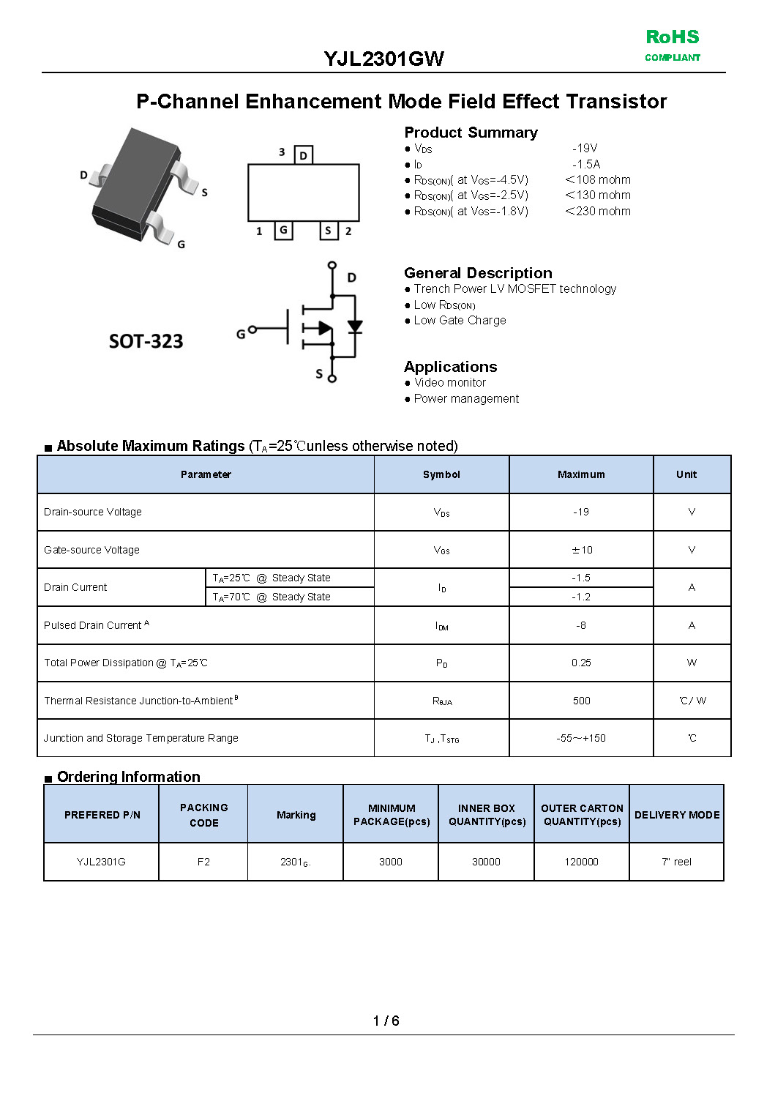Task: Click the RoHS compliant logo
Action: (x=672, y=45)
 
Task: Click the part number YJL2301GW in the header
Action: (x=383, y=59)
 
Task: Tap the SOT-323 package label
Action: (x=146, y=341)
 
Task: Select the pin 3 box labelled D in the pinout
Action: (x=303, y=155)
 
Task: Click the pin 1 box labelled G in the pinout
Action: (x=283, y=230)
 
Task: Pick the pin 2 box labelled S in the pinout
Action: (x=328, y=231)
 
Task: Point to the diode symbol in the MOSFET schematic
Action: (x=355, y=327)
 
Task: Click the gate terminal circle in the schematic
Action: (x=252, y=330)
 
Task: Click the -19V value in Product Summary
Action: (x=585, y=148)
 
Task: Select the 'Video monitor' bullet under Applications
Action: (x=449, y=382)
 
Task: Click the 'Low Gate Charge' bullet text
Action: (x=460, y=320)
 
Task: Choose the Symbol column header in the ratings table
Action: (x=441, y=474)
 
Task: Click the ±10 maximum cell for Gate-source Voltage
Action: (x=581, y=550)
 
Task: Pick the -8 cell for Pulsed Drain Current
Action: (x=581, y=625)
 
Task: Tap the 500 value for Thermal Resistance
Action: (x=581, y=701)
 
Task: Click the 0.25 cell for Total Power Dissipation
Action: (x=581, y=663)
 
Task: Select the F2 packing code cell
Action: (x=203, y=862)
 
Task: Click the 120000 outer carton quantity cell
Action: (x=581, y=862)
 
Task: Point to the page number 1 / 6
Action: (x=386, y=1021)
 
